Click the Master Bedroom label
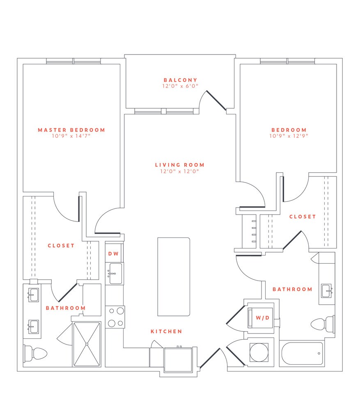pyautogui.click(x=71, y=130)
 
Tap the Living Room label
pyautogui.click(x=179, y=165)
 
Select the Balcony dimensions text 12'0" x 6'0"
pyautogui.click(x=180, y=86)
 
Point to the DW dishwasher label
pyautogui.click(x=113, y=254)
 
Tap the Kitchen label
pyautogui.click(x=166, y=331)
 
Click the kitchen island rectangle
pyautogui.click(x=174, y=276)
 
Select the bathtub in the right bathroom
pyautogui.click(x=302, y=354)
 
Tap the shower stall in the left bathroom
pyautogui.click(x=87, y=344)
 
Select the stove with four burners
pyautogui.click(x=115, y=317)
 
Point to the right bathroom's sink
pyautogui.click(x=327, y=290)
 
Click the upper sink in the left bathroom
pyautogui.click(x=33, y=294)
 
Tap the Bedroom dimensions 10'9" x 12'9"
pyautogui.click(x=289, y=136)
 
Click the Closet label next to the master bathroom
pyautogui.click(x=61, y=246)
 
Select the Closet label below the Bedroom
pyautogui.click(x=303, y=217)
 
